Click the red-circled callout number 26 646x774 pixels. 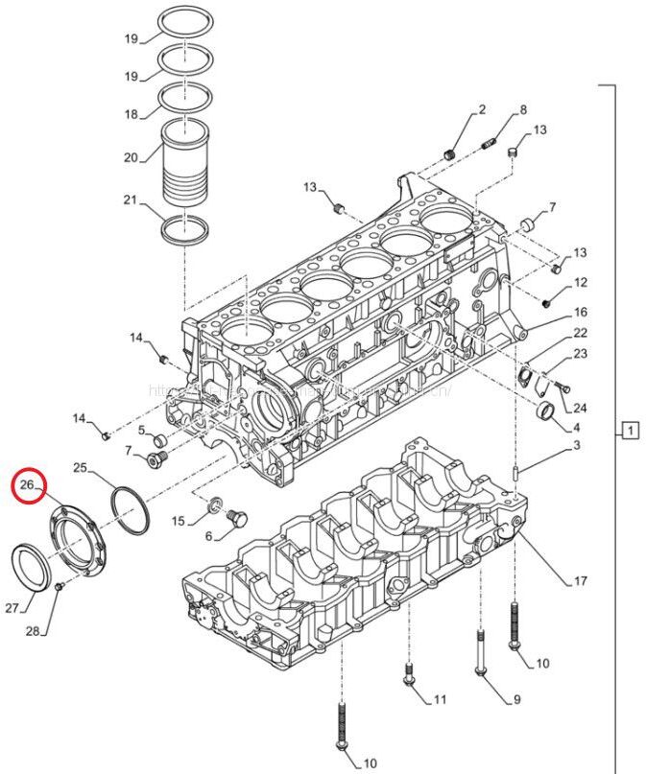tap(28, 487)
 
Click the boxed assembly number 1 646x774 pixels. tap(630, 431)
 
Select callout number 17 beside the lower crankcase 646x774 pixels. tap(581, 580)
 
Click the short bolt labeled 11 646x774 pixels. tap(409, 675)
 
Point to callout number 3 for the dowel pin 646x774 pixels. tap(577, 445)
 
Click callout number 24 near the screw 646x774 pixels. tap(580, 409)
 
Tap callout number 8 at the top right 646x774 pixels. tap(523, 110)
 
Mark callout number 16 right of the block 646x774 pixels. tap(581, 313)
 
